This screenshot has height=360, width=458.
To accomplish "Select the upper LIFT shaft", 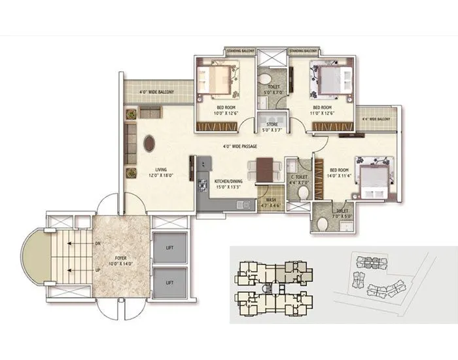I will point(169,247).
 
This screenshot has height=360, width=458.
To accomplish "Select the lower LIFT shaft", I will point(169,282).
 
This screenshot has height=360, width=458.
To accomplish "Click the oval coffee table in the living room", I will point(150,143).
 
